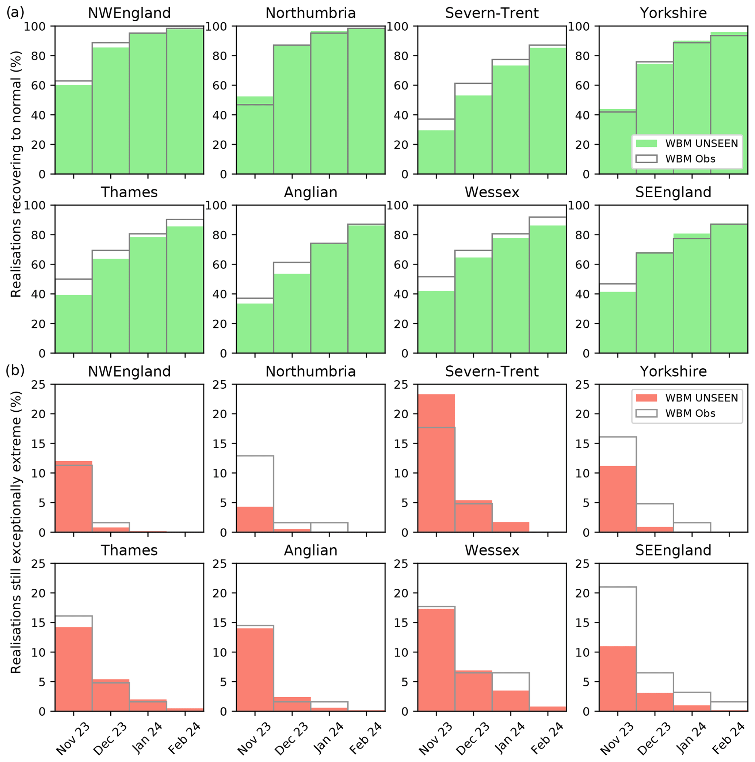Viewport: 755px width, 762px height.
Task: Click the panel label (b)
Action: tap(15, 370)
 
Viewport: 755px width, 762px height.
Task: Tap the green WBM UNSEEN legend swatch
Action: tap(646, 143)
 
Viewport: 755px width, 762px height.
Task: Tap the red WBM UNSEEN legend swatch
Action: tap(646, 397)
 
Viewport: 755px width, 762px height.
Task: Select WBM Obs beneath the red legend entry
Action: tap(690, 414)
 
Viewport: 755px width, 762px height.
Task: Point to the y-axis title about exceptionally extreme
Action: tap(16, 533)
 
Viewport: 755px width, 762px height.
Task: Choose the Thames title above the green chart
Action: tap(129, 192)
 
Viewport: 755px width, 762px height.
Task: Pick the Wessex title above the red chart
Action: tap(492, 550)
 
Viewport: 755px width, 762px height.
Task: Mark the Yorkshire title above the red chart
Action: tap(673, 371)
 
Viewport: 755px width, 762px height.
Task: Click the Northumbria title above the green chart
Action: tap(310, 13)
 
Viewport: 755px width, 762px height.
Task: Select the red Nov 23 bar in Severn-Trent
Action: tap(436, 464)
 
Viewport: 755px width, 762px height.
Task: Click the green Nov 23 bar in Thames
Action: tap(73, 324)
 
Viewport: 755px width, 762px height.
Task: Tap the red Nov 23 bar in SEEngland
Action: tap(617, 678)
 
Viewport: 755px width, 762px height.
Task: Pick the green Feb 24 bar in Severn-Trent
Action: tap(548, 110)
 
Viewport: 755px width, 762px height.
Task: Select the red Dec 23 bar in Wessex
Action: tap(473, 690)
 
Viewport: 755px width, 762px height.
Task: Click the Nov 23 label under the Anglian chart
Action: tap(255, 738)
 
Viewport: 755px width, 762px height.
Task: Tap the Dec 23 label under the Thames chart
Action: tap(110, 738)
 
